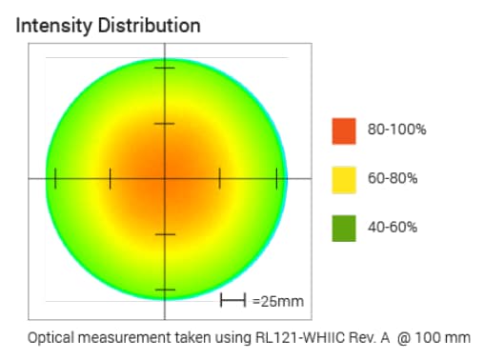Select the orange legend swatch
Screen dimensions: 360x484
[x=344, y=130]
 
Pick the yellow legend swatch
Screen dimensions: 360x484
[x=344, y=179]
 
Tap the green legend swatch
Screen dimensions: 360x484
[x=344, y=228]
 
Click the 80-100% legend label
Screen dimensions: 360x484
[x=393, y=130]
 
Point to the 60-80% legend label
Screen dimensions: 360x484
[x=390, y=179]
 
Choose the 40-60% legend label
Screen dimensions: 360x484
[x=390, y=228]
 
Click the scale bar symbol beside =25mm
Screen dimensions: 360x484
[x=233, y=301]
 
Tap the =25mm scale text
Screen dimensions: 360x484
[x=278, y=302]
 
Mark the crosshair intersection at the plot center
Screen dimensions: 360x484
[x=166, y=178]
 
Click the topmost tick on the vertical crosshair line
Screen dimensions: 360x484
[x=166, y=69]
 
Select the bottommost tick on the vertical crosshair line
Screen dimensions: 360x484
[x=166, y=289]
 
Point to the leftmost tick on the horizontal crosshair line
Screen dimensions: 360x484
[x=56, y=178]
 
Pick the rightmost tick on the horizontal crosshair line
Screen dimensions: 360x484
[x=276, y=178]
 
